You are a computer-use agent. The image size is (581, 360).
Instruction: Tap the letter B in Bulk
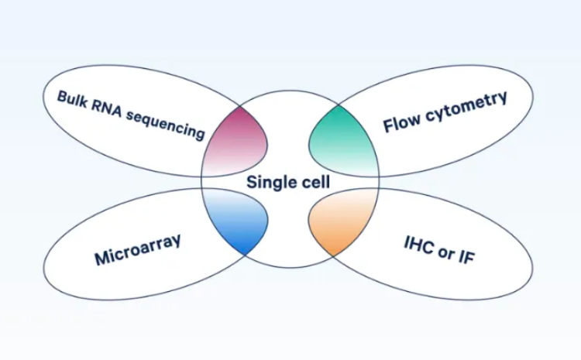63,96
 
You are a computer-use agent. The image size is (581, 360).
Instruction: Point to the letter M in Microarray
101,259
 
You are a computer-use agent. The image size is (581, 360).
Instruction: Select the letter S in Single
252,183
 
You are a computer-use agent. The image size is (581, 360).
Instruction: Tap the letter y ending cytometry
503,98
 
